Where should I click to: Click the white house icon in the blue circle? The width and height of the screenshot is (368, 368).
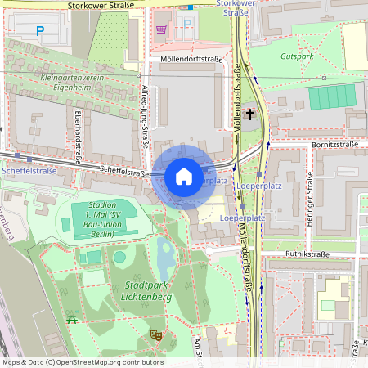pyautogui.click(x=184, y=176)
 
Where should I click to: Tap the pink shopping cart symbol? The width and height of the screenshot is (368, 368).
pyautogui.click(x=161, y=29)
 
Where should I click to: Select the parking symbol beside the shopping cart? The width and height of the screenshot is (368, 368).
pyautogui.click(x=187, y=25)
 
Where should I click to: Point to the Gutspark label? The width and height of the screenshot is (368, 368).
pyautogui.click(x=297, y=56)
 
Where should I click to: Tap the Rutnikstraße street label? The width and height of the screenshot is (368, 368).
pyautogui.click(x=307, y=254)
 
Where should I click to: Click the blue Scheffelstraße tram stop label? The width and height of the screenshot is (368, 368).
pyautogui.click(x=29, y=171)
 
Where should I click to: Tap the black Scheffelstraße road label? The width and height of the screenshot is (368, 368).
pyautogui.click(x=123, y=172)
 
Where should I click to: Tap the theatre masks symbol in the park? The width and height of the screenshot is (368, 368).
pyautogui.click(x=155, y=334)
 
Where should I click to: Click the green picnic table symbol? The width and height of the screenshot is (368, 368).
pyautogui.click(x=73, y=318)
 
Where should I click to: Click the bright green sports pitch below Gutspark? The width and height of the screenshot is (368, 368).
pyautogui.click(x=333, y=96)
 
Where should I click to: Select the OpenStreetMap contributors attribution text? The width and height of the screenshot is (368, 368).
pyautogui.click(x=83, y=361)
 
